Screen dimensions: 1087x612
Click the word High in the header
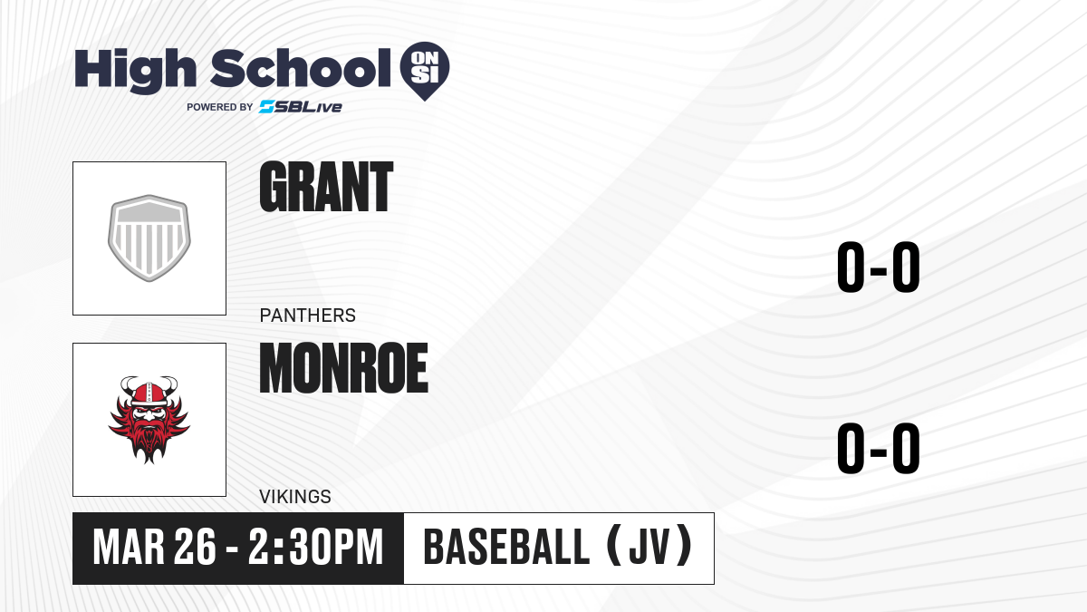(x=135, y=70)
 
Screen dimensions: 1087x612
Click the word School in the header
(x=301, y=68)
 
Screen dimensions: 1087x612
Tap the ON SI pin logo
(x=425, y=71)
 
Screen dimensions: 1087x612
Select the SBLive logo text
(x=301, y=107)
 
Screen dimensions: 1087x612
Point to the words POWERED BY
(x=220, y=107)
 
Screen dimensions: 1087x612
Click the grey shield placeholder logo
(x=149, y=238)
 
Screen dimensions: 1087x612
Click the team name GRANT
(x=326, y=187)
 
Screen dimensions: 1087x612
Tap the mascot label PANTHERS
(x=308, y=316)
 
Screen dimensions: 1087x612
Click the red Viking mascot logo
(x=149, y=420)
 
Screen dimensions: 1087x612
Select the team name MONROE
(x=343, y=368)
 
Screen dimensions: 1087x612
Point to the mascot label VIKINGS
(x=295, y=497)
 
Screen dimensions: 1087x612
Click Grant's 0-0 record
(x=879, y=267)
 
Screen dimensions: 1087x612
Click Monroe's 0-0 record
(x=879, y=448)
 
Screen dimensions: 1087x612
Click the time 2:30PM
(x=316, y=548)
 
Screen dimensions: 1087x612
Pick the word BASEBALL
(x=506, y=548)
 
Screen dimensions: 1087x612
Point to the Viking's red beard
(x=149, y=440)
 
